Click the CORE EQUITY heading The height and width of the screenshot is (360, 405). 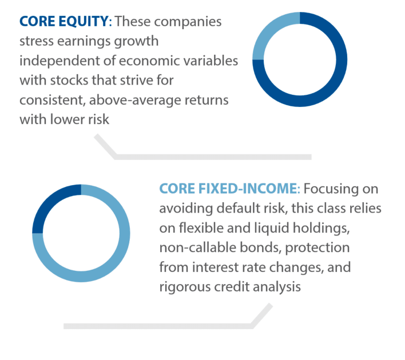pyautogui.click(x=63, y=22)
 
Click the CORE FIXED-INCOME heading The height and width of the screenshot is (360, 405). pyautogui.click(x=228, y=189)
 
